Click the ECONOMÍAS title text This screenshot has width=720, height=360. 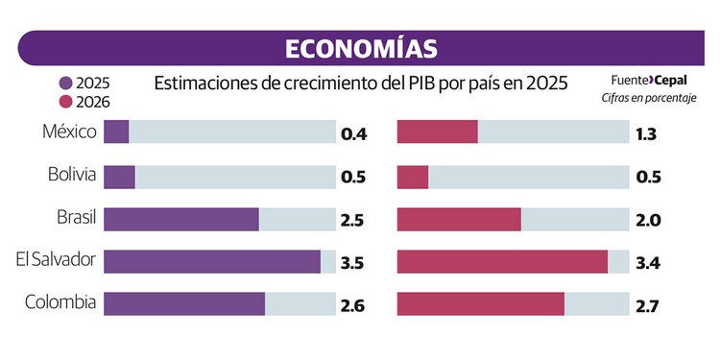coord(361,49)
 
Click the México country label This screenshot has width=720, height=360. coord(71,132)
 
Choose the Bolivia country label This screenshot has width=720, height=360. coord(72,175)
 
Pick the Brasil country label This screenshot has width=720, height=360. coord(75,218)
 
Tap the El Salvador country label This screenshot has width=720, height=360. coord(57,260)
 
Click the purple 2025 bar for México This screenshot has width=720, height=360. coord(116,132)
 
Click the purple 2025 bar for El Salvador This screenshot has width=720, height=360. coord(211,262)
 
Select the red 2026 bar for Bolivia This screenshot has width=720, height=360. coord(412,177)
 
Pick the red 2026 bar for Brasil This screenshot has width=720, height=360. coord(458,219)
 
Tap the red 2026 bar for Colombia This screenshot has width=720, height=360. coord(480,304)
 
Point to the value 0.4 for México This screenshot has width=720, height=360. coord(353,134)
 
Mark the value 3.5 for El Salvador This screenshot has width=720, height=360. coord(353,263)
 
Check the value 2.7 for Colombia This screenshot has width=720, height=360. coord(647,306)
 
